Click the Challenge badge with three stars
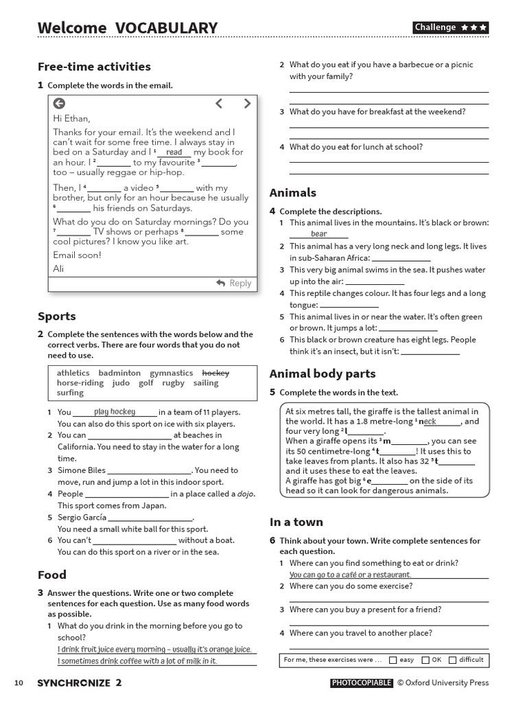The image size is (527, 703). [x=451, y=27]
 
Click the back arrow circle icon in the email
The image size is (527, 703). [x=59, y=104]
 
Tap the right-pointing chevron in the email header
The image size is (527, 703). [x=247, y=104]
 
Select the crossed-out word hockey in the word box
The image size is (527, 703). [x=215, y=373]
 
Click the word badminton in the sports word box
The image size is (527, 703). [x=119, y=373]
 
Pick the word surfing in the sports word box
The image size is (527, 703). [x=70, y=393]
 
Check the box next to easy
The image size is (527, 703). [x=393, y=660]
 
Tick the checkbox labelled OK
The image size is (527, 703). [x=425, y=660]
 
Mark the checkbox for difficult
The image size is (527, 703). [x=452, y=660]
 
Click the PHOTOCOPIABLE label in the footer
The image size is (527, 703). [x=362, y=682]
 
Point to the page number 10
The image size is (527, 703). [x=19, y=682]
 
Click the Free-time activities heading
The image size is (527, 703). [x=94, y=67]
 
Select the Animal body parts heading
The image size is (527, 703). [x=323, y=373]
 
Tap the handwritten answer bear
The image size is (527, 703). [x=318, y=234]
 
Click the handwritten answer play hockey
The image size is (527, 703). [x=115, y=412]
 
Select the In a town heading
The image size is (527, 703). [x=296, y=522]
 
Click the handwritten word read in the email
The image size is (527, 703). [x=174, y=152]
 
